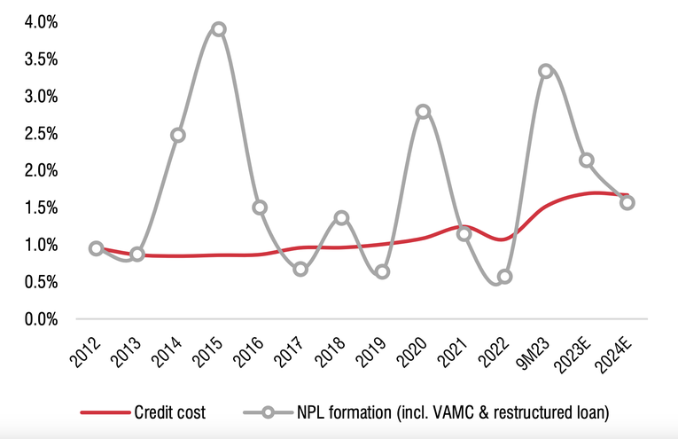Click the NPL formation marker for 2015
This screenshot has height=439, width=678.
(218, 29)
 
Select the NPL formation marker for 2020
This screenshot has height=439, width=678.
(423, 112)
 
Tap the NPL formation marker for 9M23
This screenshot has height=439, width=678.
(546, 71)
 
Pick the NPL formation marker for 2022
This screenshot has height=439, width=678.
(505, 277)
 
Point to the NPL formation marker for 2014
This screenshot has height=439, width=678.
(177, 136)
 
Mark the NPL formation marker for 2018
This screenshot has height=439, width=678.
(341, 217)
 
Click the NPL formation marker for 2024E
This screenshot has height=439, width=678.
(627, 202)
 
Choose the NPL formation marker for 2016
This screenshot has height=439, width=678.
(260, 208)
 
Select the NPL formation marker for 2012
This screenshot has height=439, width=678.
(96, 248)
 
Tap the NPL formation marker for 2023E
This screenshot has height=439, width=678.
(587, 161)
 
